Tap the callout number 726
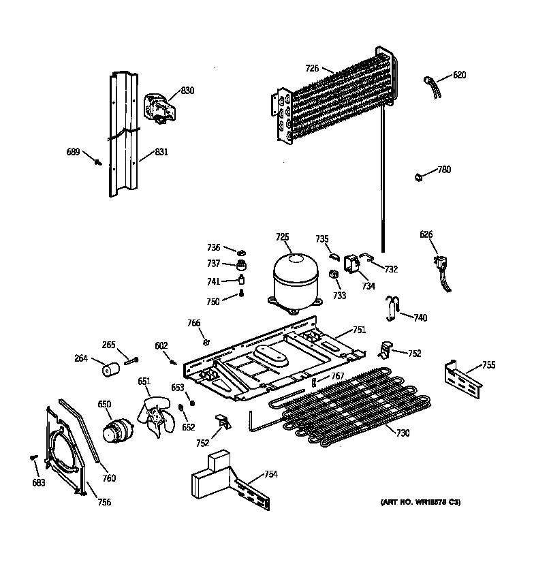click(312, 67)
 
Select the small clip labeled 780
click(418, 178)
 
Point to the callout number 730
click(403, 434)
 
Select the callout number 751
click(359, 330)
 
